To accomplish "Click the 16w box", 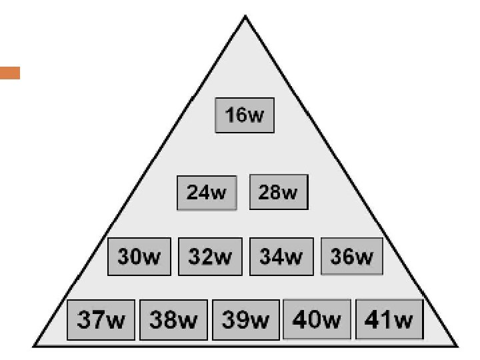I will click(245, 115).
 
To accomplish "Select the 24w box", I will click(207, 193).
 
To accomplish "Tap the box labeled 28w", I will click(279, 192).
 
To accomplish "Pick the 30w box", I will click(139, 256).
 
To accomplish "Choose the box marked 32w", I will click(209, 256).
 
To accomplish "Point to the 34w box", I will click(280, 256).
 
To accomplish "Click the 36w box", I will click(352, 256).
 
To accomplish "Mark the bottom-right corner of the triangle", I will click(458, 345).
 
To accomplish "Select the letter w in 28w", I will click(289, 193).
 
